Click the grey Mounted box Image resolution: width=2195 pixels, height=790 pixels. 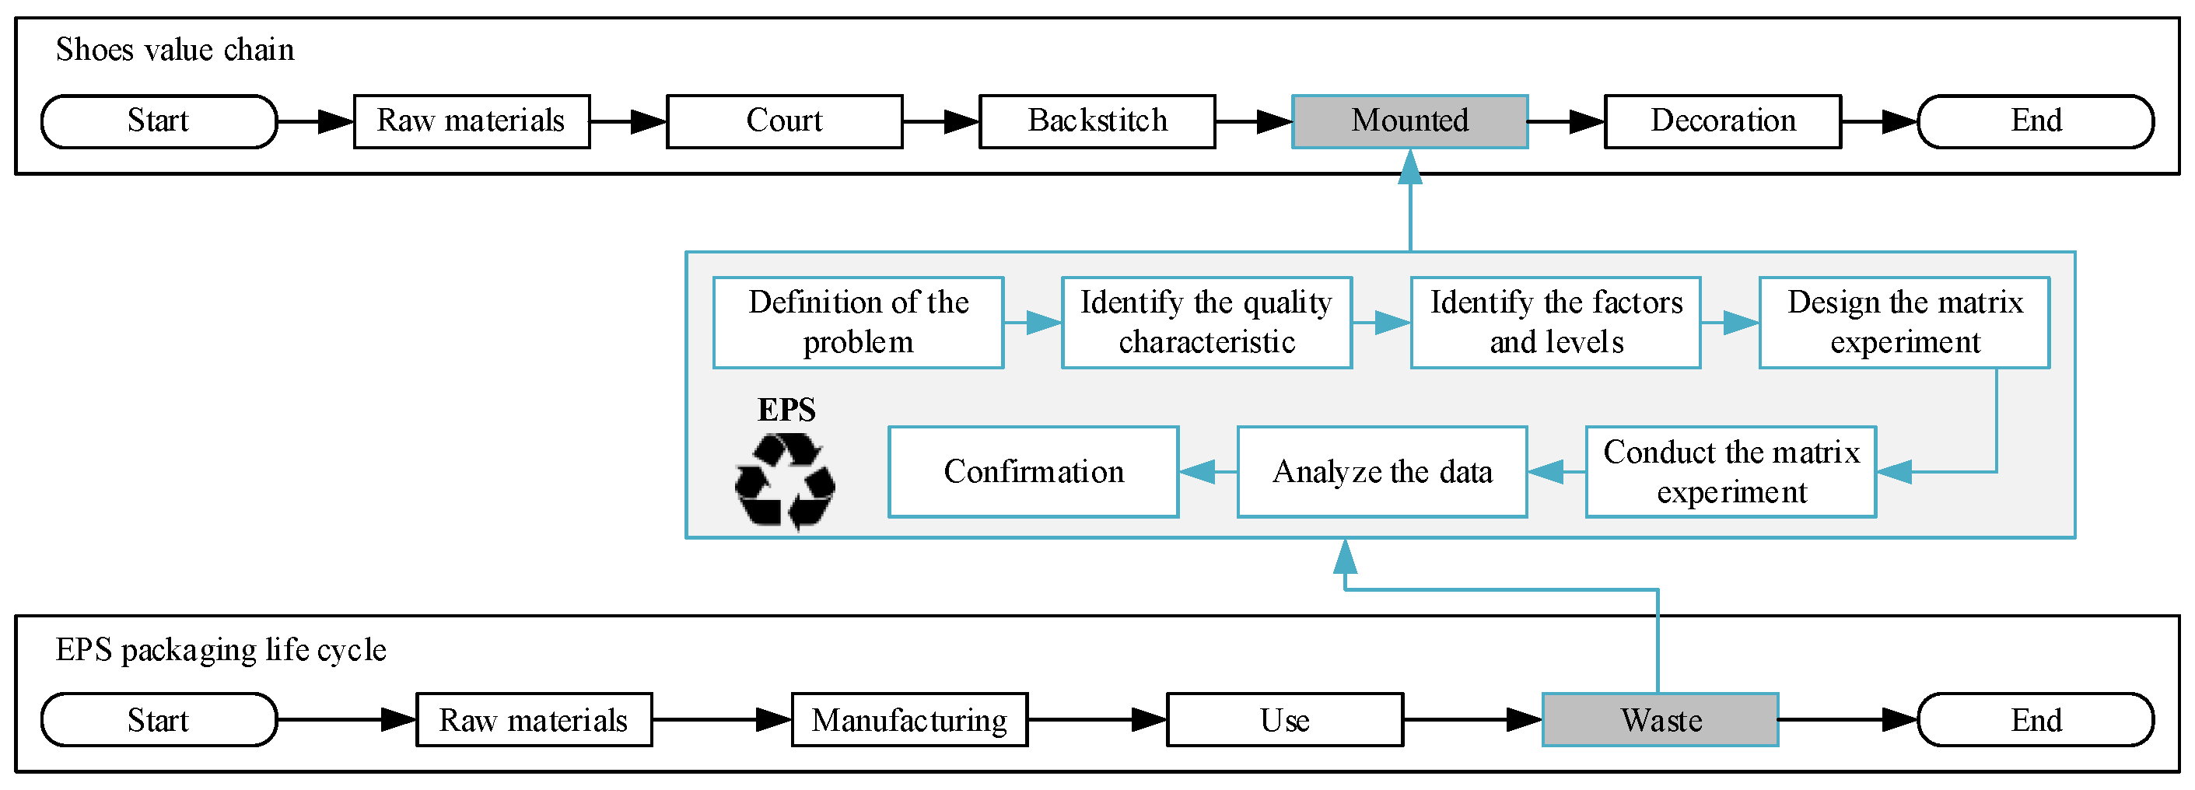[x=1409, y=121]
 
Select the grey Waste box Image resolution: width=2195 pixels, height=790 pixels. [x=1660, y=720]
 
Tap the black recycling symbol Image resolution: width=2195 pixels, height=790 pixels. [x=785, y=481]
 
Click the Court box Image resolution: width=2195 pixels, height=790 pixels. [x=784, y=121]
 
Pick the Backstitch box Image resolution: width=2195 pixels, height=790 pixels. [x=1097, y=121]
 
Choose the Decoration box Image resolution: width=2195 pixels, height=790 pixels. [x=1722, y=121]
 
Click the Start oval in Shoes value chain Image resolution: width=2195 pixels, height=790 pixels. [x=159, y=121]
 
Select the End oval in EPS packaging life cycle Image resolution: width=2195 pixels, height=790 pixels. [x=2036, y=720]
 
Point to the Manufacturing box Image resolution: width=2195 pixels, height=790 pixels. [x=909, y=720]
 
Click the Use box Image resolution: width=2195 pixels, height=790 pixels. [x=1284, y=720]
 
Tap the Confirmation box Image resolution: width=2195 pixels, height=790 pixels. [x=1033, y=472]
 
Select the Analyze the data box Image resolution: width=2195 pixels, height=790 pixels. [x=1381, y=472]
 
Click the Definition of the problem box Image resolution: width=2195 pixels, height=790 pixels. [x=858, y=322]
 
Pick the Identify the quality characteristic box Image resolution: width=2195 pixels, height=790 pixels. [x=1206, y=322]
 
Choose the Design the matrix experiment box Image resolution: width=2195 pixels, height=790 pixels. [x=1904, y=322]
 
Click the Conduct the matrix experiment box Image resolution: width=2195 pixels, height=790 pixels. [x=1731, y=472]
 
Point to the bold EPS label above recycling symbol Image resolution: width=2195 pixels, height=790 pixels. [x=786, y=410]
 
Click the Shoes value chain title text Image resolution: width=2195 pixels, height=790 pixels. [x=175, y=51]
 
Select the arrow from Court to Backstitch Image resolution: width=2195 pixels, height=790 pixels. [x=940, y=122]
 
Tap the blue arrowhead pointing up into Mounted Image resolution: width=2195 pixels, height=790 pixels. [x=1410, y=166]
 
